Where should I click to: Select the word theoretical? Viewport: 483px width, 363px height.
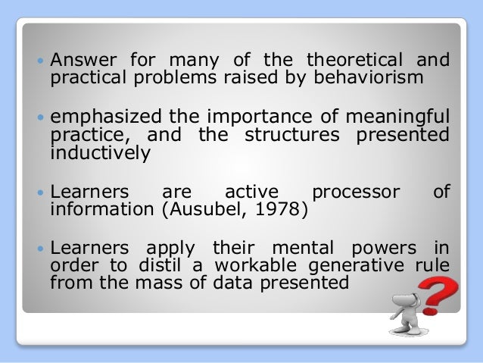352,60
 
